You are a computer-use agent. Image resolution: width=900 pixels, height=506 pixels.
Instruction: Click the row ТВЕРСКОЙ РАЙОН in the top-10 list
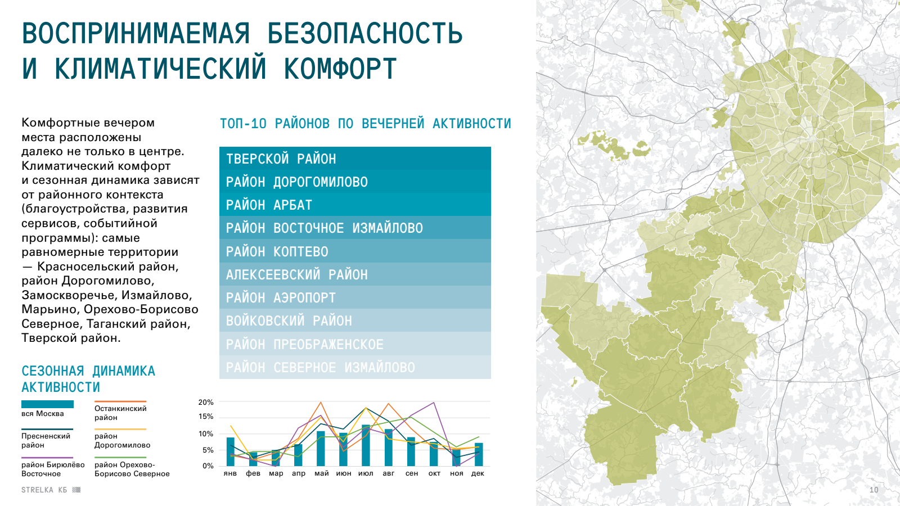click(355, 158)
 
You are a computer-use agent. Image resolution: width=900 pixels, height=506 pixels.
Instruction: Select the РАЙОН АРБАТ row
click(355, 205)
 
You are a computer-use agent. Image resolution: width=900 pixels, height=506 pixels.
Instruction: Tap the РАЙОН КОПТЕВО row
click(355, 251)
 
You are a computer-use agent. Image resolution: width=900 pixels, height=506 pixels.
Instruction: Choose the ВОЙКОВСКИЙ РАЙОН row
click(355, 320)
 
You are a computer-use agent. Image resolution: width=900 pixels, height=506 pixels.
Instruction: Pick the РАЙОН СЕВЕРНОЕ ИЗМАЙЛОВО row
click(355, 367)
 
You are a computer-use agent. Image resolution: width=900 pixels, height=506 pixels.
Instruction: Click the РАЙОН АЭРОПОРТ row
click(355, 297)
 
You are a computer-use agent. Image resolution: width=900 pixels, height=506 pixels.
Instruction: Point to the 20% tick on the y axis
click(206, 402)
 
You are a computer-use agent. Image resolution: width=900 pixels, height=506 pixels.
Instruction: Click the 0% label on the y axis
click(208, 466)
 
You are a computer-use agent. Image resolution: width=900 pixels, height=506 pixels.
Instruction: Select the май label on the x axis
click(321, 473)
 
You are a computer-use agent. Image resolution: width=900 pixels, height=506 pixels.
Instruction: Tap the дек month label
click(478, 473)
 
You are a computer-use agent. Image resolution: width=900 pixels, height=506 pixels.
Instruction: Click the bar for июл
click(366, 445)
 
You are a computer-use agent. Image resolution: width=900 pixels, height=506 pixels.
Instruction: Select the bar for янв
click(230, 452)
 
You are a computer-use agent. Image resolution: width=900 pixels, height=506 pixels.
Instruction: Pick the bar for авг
click(389, 448)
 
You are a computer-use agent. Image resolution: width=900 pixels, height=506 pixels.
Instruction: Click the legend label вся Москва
click(43, 414)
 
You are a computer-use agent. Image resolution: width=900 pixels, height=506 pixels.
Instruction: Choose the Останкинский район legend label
click(120, 413)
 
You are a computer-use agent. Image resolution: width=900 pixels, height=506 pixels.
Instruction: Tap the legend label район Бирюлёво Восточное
click(53, 469)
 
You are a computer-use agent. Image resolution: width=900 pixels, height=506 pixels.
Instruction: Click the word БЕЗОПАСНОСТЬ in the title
click(365, 33)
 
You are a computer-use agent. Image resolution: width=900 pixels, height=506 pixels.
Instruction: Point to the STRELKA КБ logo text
click(44, 490)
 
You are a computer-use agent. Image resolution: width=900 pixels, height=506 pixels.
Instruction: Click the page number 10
click(874, 490)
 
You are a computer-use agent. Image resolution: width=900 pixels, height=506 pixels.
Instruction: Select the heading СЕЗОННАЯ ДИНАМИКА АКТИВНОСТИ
click(88, 379)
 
